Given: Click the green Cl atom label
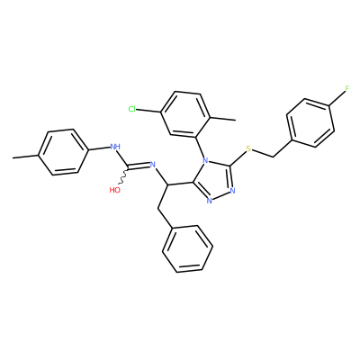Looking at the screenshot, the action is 131,109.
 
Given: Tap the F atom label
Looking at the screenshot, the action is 347,88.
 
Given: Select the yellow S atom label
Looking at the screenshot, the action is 248,148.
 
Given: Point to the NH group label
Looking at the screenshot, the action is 115,147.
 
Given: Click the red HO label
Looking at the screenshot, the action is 115,190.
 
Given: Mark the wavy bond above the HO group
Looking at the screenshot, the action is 123,177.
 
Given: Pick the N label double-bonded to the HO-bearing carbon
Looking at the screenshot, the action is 152,164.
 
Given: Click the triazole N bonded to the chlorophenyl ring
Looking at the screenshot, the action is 205,160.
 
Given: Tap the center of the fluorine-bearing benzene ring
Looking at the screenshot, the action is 310,123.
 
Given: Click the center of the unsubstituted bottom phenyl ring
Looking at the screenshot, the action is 187,248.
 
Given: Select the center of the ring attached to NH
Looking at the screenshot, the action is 63,152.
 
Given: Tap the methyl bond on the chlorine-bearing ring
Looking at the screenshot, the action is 222,119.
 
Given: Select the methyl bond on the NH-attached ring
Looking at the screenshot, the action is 25,156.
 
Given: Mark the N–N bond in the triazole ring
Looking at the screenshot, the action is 221,195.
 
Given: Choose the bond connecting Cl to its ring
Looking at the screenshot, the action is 148,111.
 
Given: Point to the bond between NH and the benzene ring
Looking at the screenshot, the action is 99,148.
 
